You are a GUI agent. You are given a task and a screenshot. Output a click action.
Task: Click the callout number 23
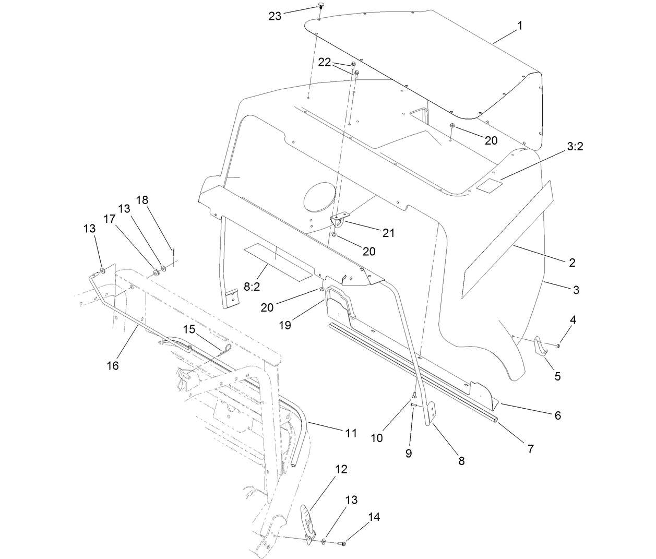275,16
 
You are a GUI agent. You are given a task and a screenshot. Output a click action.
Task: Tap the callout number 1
519,25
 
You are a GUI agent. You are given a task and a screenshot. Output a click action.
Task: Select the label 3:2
575,147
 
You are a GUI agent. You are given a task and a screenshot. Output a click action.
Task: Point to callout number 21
388,233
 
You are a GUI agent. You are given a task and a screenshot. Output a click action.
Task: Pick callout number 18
142,200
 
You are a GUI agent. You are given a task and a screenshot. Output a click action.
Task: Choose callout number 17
109,219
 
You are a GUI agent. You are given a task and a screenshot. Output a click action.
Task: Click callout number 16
113,365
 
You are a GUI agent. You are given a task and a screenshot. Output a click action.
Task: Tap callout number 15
188,329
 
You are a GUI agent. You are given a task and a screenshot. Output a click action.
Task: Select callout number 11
351,433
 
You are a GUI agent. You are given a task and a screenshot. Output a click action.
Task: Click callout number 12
341,469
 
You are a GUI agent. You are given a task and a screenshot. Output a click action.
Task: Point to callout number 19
285,325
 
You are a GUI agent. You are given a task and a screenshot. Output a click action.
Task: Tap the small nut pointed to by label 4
558,346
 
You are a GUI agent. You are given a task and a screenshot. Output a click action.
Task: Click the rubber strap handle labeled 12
308,522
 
